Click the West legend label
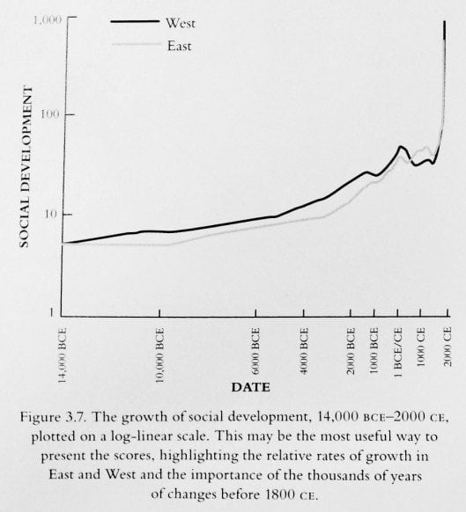click(x=180, y=23)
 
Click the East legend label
click(x=179, y=46)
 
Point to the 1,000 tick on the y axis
click(x=47, y=18)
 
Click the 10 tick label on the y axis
click(x=55, y=214)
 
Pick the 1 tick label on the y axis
click(x=58, y=313)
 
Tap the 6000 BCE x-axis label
click(x=256, y=348)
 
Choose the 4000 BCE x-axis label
click(x=304, y=348)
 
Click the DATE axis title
click(x=250, y=386)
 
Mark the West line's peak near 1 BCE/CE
click(x=401, y=147)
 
